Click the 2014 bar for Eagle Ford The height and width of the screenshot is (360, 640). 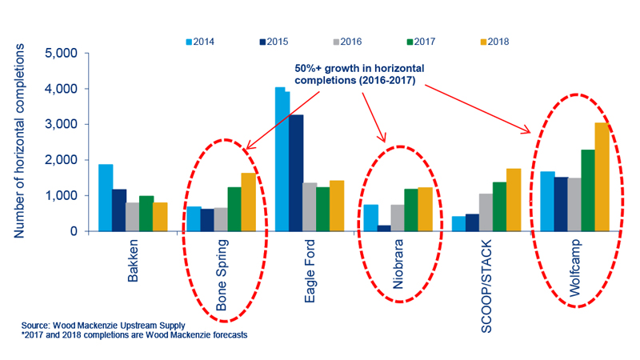pyautogui.click(x=282, y=159)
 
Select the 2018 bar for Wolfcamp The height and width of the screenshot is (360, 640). pyautogui.click(x=602, y=177)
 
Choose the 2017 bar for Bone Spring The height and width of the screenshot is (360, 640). pyautogui.click(x=234, y=210)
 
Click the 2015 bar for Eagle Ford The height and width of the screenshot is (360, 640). pyautogui.click(x=296, y=173)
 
